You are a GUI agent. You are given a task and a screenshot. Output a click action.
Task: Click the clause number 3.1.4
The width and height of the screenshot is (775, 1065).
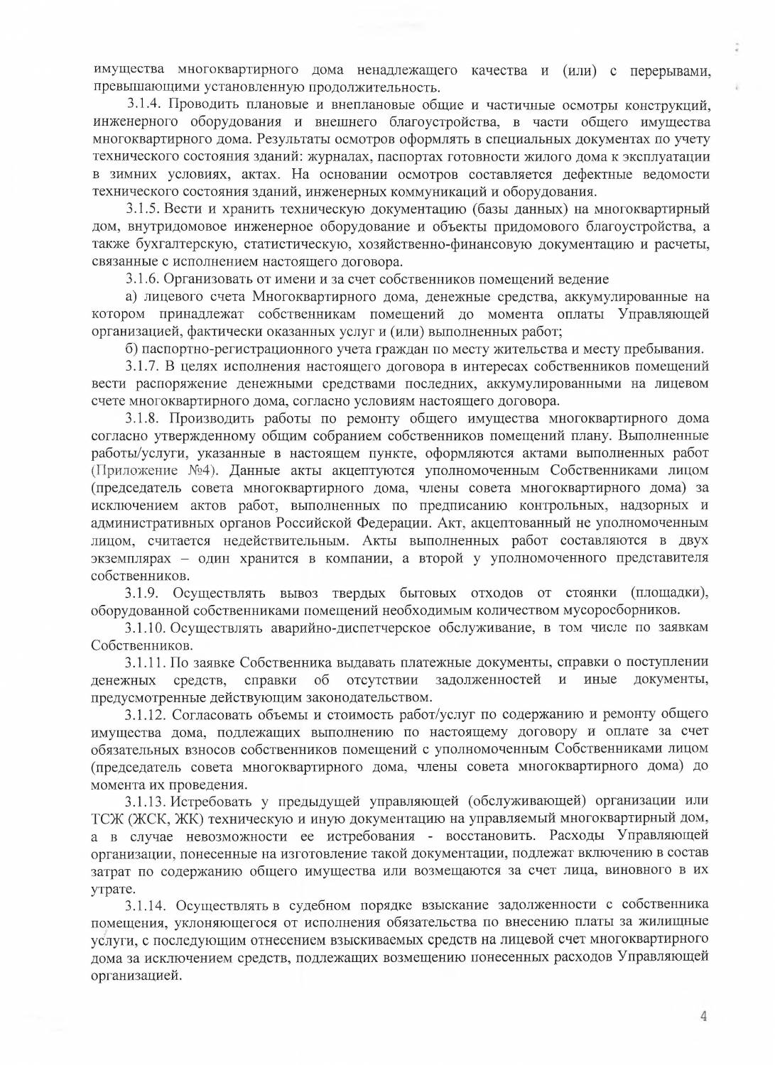click(144, 105)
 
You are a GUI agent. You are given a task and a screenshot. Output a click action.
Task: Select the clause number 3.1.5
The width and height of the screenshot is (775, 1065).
click(143, 209)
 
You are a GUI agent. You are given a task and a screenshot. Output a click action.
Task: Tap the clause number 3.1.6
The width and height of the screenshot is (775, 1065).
click(143, 279)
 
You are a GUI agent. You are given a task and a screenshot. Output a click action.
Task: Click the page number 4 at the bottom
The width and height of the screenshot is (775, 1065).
click(703, 1016)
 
